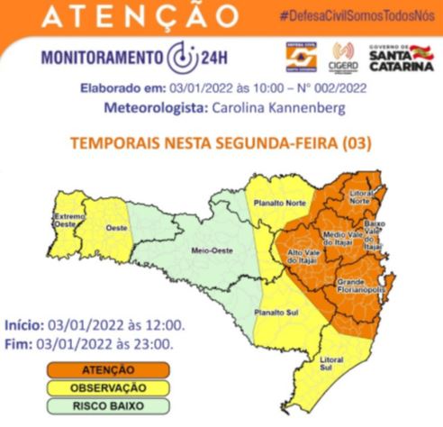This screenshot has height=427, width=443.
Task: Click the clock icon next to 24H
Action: coord(178,59)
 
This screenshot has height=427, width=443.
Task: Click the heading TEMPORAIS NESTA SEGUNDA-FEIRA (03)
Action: coord(221,143)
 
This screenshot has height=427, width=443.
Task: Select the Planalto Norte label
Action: coord(276,203)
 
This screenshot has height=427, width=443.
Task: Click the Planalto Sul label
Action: coord(272,313)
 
